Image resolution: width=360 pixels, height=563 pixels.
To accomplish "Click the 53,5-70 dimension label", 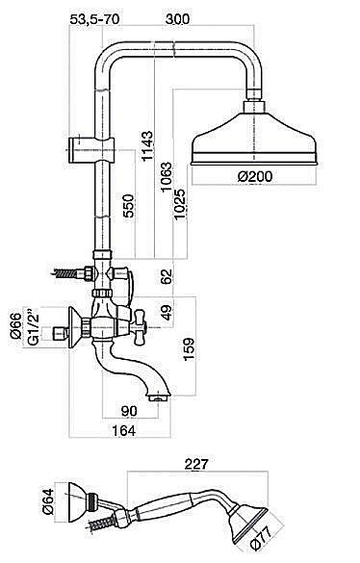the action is pos(94,18).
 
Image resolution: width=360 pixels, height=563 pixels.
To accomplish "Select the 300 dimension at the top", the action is pos(177,18).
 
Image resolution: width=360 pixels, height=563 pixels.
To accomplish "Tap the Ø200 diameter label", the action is pos(255,176).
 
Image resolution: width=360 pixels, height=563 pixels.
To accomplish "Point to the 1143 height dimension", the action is pos(147,146).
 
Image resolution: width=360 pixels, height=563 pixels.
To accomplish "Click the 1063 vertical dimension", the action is pos(166,177).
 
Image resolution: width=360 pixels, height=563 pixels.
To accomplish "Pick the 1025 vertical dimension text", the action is pos(179,205).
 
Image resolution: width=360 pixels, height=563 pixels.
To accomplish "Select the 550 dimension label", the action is pos(128,205).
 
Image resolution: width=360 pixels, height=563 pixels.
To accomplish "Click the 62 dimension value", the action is pos(167,276).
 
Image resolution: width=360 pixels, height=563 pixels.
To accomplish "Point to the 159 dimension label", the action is pos(189,348).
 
